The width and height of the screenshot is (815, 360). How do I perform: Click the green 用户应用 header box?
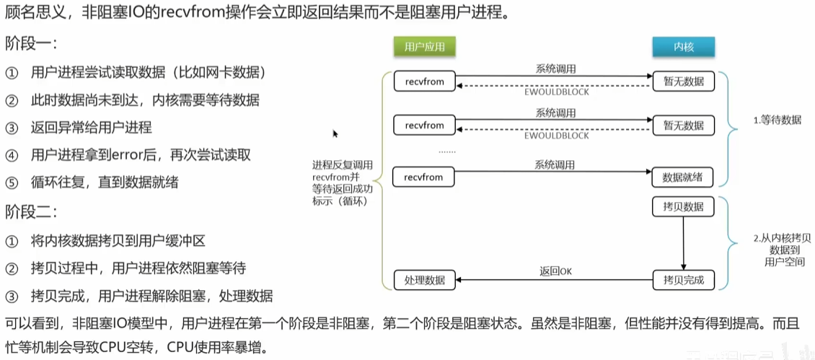click(425, 47)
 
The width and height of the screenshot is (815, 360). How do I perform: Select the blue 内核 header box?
click(683, 47)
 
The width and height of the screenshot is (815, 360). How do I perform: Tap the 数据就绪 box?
click(683, 176)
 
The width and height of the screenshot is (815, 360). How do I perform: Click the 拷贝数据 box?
click(683, 206)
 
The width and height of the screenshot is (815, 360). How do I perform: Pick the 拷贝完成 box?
click(683, 280)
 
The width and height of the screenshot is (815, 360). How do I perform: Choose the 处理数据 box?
click(425, 280)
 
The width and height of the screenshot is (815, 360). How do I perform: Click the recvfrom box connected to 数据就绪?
click(424, 176)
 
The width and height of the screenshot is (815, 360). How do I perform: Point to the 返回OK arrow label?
click(555, 271)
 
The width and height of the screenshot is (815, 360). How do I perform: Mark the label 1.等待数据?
click(777, 120)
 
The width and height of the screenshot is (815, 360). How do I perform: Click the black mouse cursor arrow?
click(335, 133)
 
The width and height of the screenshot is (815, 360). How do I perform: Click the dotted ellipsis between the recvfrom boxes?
click(447, 151)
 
